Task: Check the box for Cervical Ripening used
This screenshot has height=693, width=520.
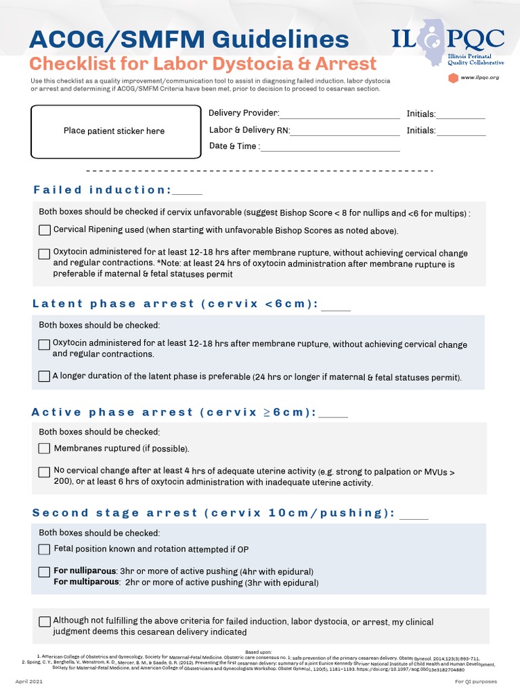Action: [45, 230]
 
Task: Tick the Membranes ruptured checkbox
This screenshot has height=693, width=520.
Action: [45, 448]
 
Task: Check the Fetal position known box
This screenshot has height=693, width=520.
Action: [45, 549]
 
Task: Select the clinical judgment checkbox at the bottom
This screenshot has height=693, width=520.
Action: [45, 621]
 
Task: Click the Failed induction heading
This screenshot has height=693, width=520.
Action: [102, 190]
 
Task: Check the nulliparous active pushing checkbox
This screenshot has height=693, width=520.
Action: [45, 572]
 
